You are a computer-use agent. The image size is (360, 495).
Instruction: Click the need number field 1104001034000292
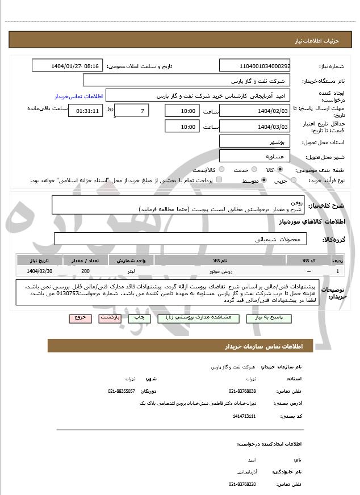255,66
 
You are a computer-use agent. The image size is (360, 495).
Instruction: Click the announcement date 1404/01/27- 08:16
68,66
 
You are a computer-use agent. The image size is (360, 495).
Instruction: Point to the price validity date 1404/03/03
255,127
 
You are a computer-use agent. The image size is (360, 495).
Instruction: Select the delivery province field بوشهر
255,141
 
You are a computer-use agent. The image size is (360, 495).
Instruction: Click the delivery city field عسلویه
255,156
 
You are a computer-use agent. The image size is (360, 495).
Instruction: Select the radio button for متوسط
264,180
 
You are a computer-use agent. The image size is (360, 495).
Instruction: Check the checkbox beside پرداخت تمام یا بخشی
219,180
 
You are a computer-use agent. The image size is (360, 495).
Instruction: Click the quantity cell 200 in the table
85,271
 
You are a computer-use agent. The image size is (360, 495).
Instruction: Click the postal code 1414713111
245,416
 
